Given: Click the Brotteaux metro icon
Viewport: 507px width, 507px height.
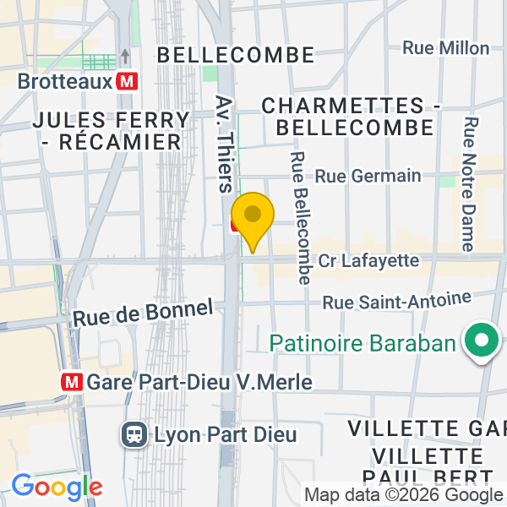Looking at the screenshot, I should coord(128,82).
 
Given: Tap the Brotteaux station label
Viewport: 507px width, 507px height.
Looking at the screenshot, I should coord(65,82).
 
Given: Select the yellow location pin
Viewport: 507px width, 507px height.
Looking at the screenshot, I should coord(252,215).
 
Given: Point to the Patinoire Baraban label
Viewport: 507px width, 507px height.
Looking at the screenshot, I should coord(363,343).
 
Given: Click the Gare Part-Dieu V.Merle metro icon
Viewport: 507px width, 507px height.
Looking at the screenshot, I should coord(72,382).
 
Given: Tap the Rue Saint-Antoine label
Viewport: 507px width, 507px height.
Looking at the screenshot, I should coord(396,301).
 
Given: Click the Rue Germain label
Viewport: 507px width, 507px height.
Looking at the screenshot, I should coord(368,176).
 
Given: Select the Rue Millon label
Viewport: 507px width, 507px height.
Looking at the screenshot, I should coord(445,48).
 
